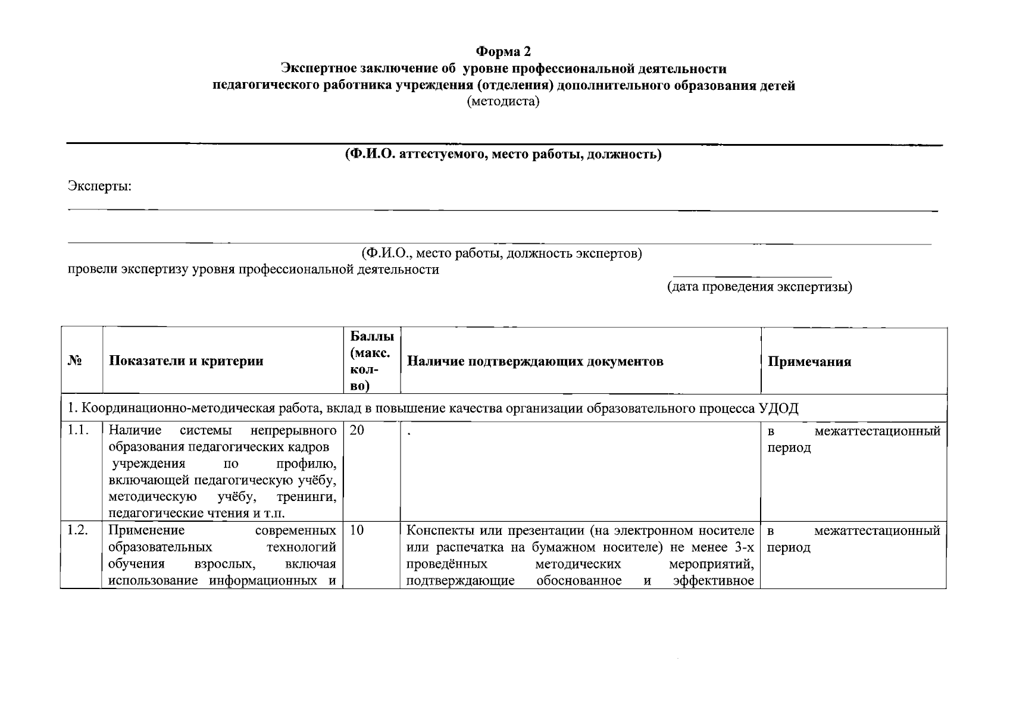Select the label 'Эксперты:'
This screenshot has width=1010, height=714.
tap(99, 186)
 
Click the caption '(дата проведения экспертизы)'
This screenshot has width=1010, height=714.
tap(759, 287)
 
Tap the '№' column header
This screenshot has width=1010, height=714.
tap(74, 361)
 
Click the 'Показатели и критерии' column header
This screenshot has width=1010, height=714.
tap(186, 361)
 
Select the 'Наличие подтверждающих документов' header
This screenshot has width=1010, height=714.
tap(534, 361)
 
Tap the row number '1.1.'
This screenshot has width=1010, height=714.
tap(78, 430)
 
